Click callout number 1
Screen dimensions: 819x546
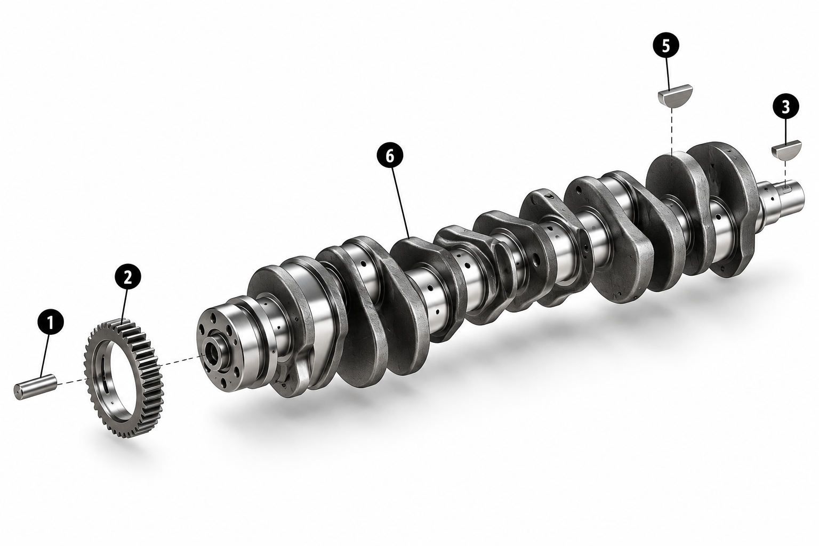pyautogui.click(x=51, y=322)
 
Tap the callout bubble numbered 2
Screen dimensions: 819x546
pyautogui.click(x=127, y=277)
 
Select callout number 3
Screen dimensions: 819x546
pyautogui.click(x=786, y=107)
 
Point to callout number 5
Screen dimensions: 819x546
pyautogui.click(x=666, y=46)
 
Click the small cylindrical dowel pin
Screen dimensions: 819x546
pyautogui.click(x=36, y=386)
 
